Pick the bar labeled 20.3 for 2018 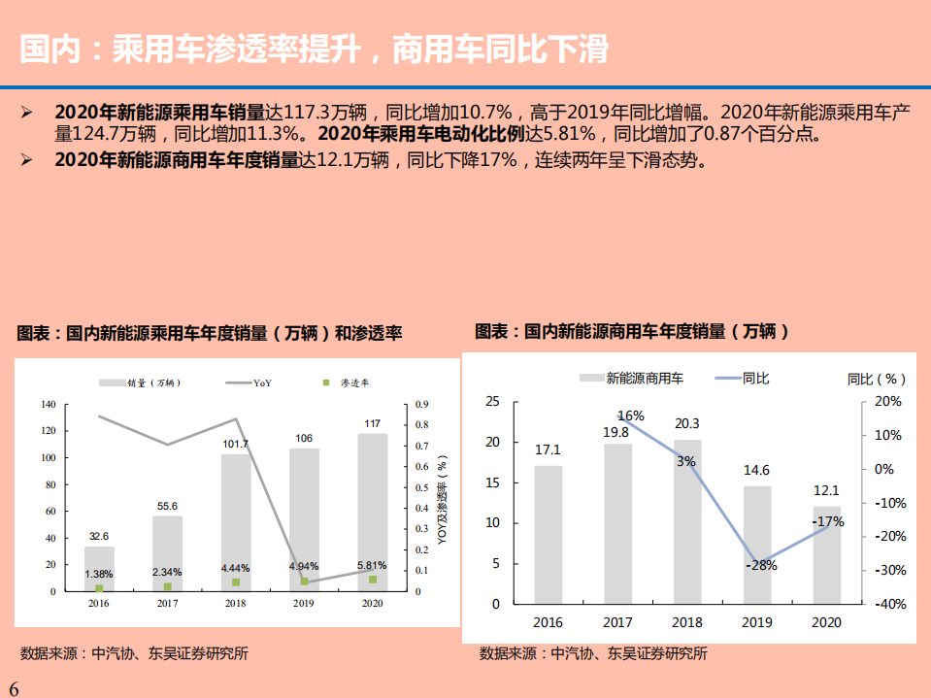687,521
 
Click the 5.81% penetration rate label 372,565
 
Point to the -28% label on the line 761,565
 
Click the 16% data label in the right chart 630,415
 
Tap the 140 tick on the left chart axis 48,404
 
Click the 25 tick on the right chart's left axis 492,401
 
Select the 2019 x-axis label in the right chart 757,622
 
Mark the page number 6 14,687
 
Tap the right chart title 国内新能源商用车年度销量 632,331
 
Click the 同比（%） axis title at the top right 877,379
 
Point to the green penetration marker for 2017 167,586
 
